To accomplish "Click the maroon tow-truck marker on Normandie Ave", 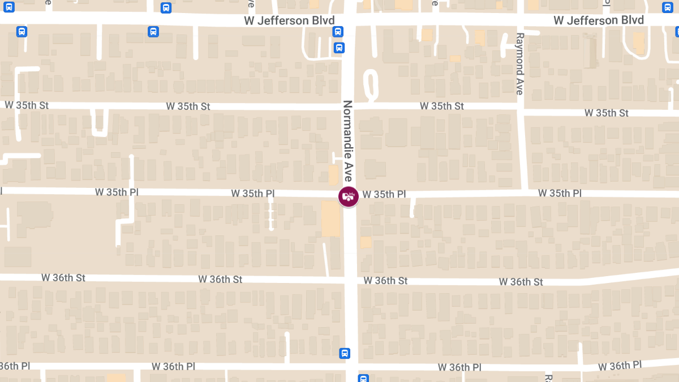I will pos(349,196).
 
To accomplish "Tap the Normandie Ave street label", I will pos(347,141).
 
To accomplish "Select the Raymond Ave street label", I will pos(520,63).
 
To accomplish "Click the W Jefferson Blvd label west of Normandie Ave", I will pos(289,21).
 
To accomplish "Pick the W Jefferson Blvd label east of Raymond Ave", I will pos(599,20).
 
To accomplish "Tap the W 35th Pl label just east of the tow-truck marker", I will pos(384,194).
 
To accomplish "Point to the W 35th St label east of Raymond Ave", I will pos(607,113).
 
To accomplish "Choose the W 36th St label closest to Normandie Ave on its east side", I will pos(385,281).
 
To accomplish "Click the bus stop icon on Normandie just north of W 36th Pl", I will pos(345,353).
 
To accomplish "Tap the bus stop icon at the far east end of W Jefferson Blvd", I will pos(668,7).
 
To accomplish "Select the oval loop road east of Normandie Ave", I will pos(371,85).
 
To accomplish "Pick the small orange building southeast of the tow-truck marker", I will pos(366,242).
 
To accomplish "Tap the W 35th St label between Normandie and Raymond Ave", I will pos(442,106).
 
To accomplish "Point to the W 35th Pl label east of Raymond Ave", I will pos(560,193).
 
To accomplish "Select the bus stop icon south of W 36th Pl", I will pos(363,378).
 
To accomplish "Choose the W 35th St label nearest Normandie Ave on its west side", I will pos(188,106).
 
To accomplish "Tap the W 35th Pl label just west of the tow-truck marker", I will pos(252,194).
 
